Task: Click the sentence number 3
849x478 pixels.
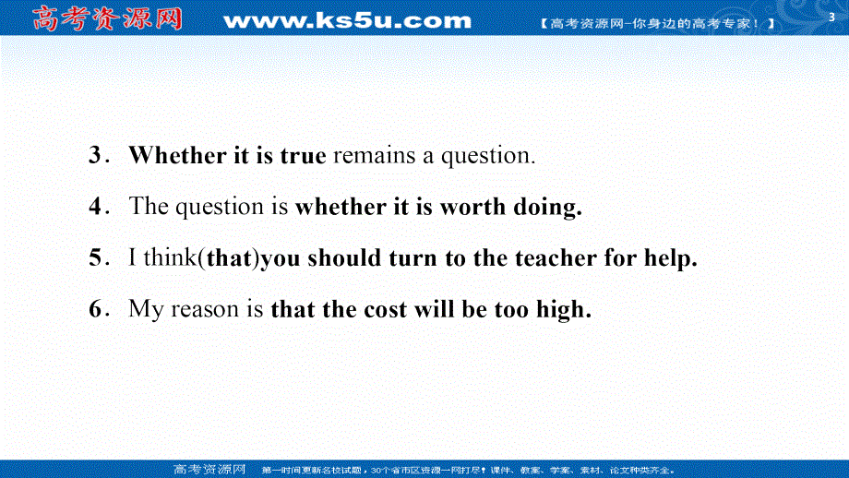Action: tap(95, 155)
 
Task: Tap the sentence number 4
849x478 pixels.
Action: tap(95, 207)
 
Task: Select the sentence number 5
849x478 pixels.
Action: tap(95, 257)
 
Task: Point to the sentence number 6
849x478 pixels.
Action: tap(95, 309)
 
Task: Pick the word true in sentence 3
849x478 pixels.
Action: tap(304, 156)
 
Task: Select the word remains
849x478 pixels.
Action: tap(374, 155)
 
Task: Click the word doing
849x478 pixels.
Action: tap(547, 208)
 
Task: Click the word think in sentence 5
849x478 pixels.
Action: tap(171, 257)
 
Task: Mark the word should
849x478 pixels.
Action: tap(344, 257)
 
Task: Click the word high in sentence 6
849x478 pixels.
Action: tap(564, 310)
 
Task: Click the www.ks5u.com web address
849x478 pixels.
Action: tap(348, 20)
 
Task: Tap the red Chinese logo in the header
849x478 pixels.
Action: tap(107, 18)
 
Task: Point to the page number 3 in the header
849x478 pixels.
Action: tap(831, 18)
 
